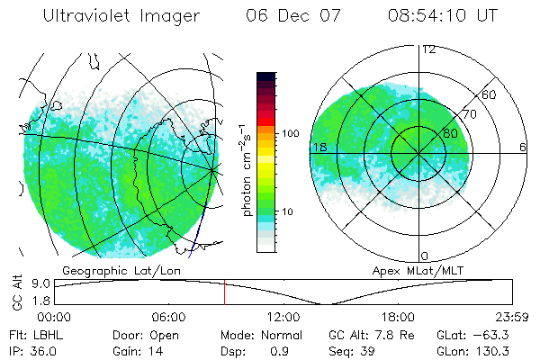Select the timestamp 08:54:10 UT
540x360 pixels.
(x=442, y=16)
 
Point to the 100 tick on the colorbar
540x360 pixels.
(x=290, y=133)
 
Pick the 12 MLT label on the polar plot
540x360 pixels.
(x=428, y=49)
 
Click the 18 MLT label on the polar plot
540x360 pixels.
(x=318, y=147)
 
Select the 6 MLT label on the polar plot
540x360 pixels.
(x=523, y=147)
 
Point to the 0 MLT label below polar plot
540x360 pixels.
(x=425, y=256)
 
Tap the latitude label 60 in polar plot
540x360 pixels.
(x=490, y=94)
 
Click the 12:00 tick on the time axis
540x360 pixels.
(x=283, y=316)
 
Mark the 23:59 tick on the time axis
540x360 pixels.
(x=508, y=316)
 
